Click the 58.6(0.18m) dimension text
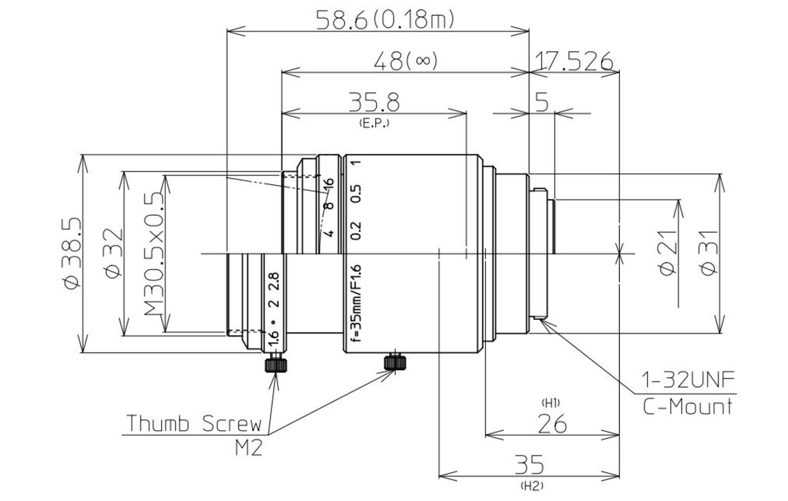tap(384, 20)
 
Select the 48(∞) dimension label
tap(405, 61)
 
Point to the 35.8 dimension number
tap(374, 102)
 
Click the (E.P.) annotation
tap(374, 124)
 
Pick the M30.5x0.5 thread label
tap(153, 253)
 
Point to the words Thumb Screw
tap(194, 423)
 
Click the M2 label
tap(248, 448)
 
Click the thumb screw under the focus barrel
tap(396, 361)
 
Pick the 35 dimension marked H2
tap(529, 465)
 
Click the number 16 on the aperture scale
tap(329, 184)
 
